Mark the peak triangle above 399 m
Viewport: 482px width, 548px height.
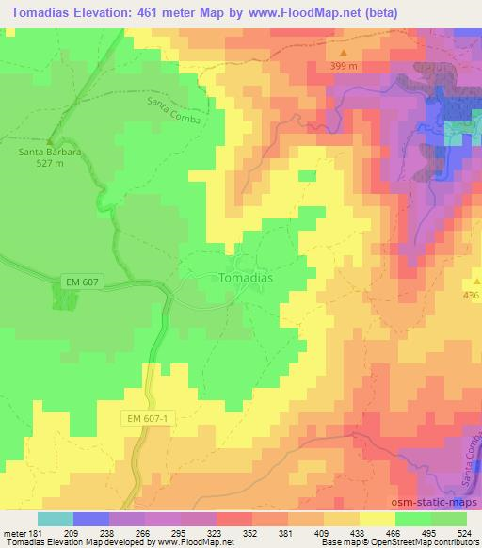[x=345, y=54]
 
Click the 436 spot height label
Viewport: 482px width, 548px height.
[x=471, y=295]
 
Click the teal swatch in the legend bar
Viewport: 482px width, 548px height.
[x=56, y=519]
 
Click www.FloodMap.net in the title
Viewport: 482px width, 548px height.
[x=292, y=13]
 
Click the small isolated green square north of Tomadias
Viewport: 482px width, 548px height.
[x=307, y=175]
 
